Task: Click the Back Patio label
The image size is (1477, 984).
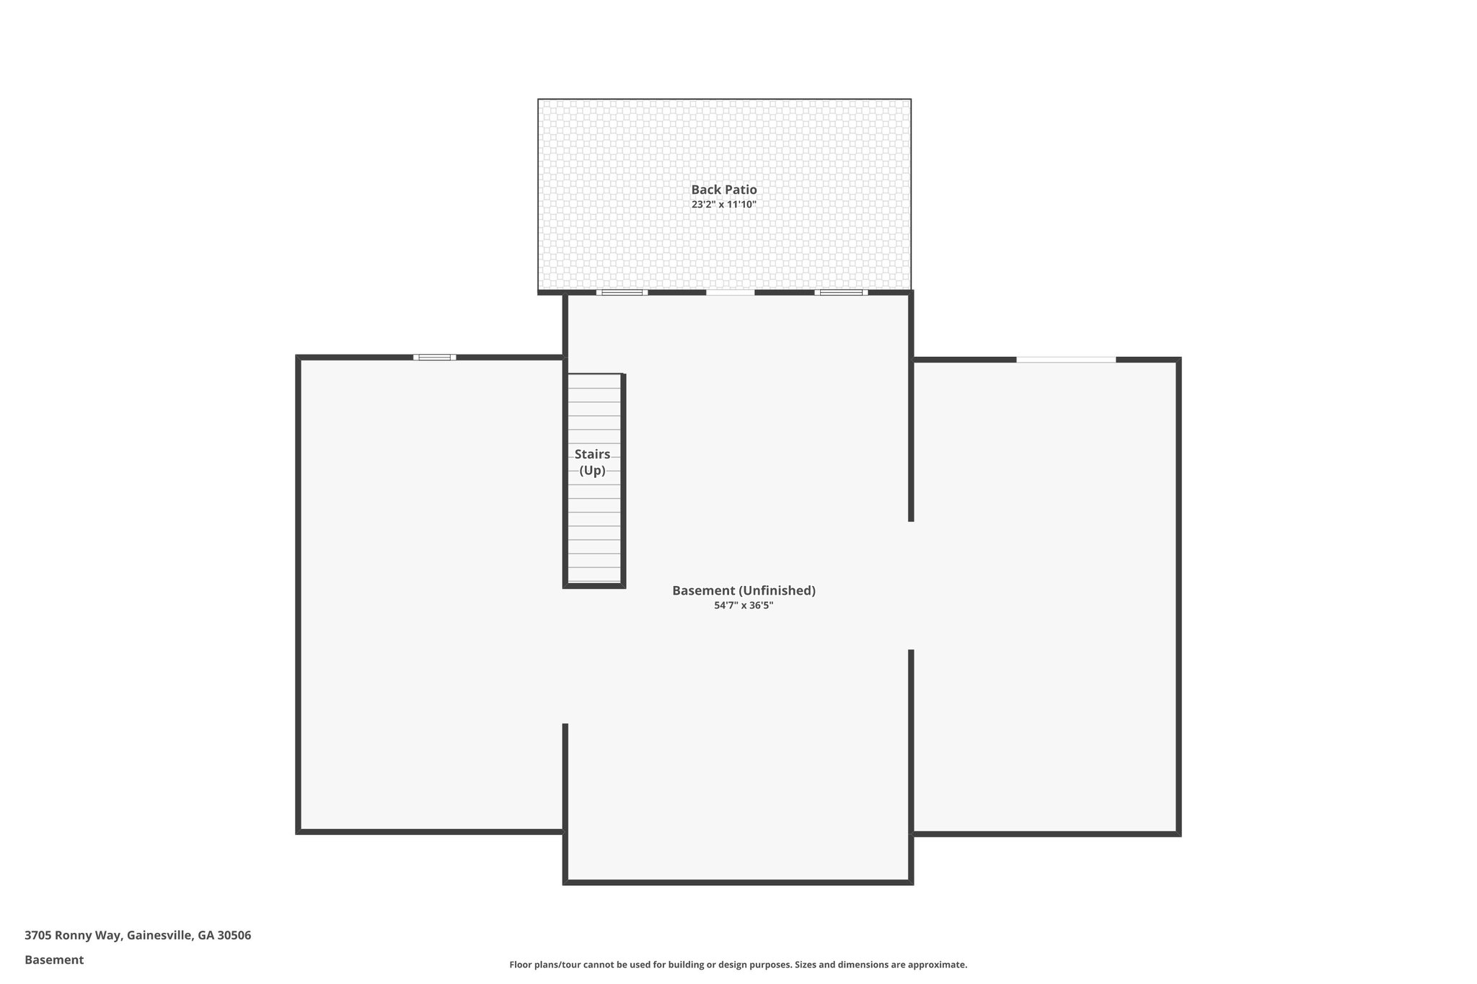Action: [724, 190]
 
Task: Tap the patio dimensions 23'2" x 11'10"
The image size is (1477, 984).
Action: [724, 205]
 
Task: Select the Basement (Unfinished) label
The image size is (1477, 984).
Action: [744, 590]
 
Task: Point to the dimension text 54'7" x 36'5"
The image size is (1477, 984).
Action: [744, 606]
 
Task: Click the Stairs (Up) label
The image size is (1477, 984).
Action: [593, 462]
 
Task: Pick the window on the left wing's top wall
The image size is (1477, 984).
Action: [434, 357]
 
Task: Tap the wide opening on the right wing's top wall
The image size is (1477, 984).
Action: [1066, 359]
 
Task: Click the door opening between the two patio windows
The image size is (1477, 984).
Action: [730, 292]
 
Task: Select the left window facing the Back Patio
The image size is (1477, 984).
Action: [622, 292]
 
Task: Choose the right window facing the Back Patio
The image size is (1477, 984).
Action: [841, 292]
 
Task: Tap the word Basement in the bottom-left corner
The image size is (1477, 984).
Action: [54, 960]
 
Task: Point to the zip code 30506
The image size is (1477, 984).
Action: [234, 936]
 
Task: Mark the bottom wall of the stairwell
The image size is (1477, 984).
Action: [594, 585]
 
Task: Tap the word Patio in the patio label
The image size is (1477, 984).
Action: [741, 190]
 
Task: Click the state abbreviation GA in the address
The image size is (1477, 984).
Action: [206, 936]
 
